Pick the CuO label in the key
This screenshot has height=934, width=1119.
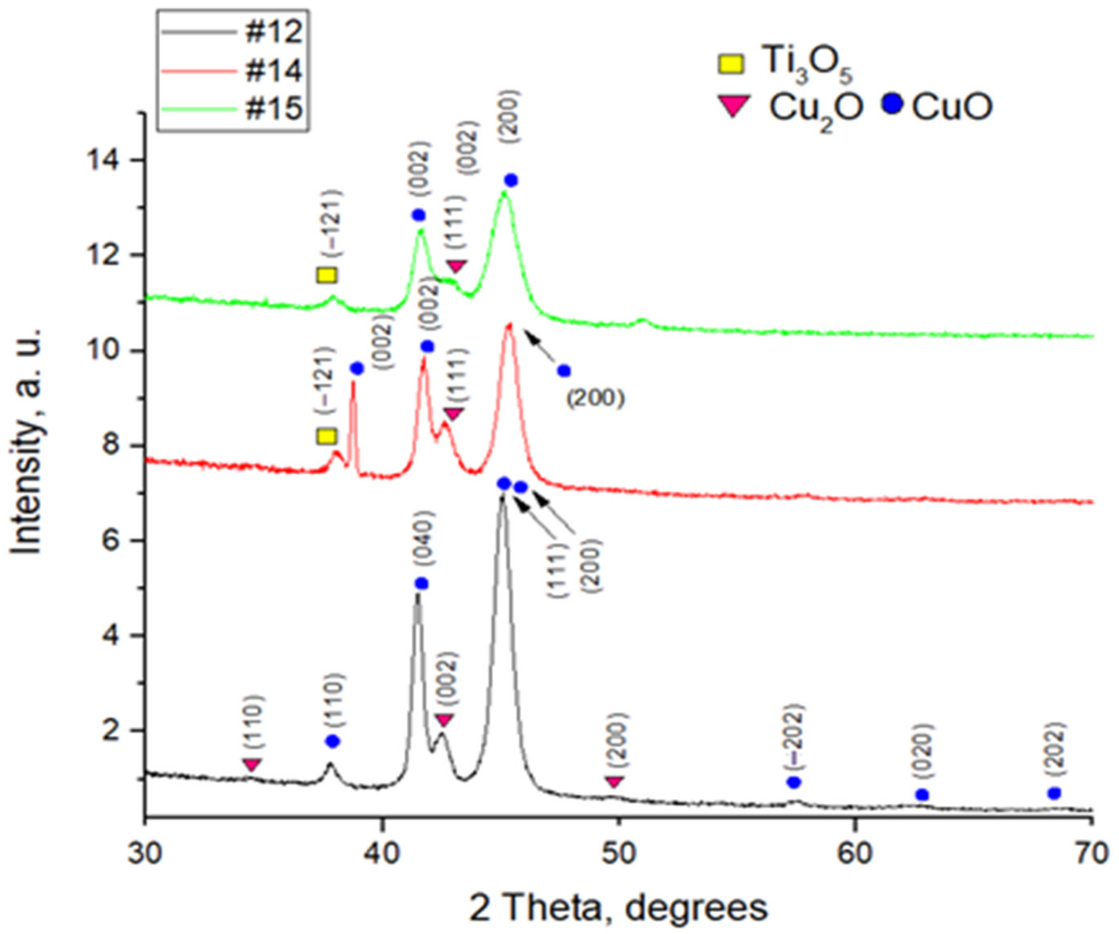pyautogui.click(x=952, y=107)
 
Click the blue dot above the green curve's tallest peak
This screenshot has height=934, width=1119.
pyautogui.click(x=511, y=180)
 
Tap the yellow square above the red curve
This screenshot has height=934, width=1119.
pyautogui.click(x=327, y=436)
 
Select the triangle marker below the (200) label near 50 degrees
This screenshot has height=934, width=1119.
pyautogui.click(x=615, y=782)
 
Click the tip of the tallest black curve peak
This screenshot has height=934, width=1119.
pyautogui.click(x=502, y=497)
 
